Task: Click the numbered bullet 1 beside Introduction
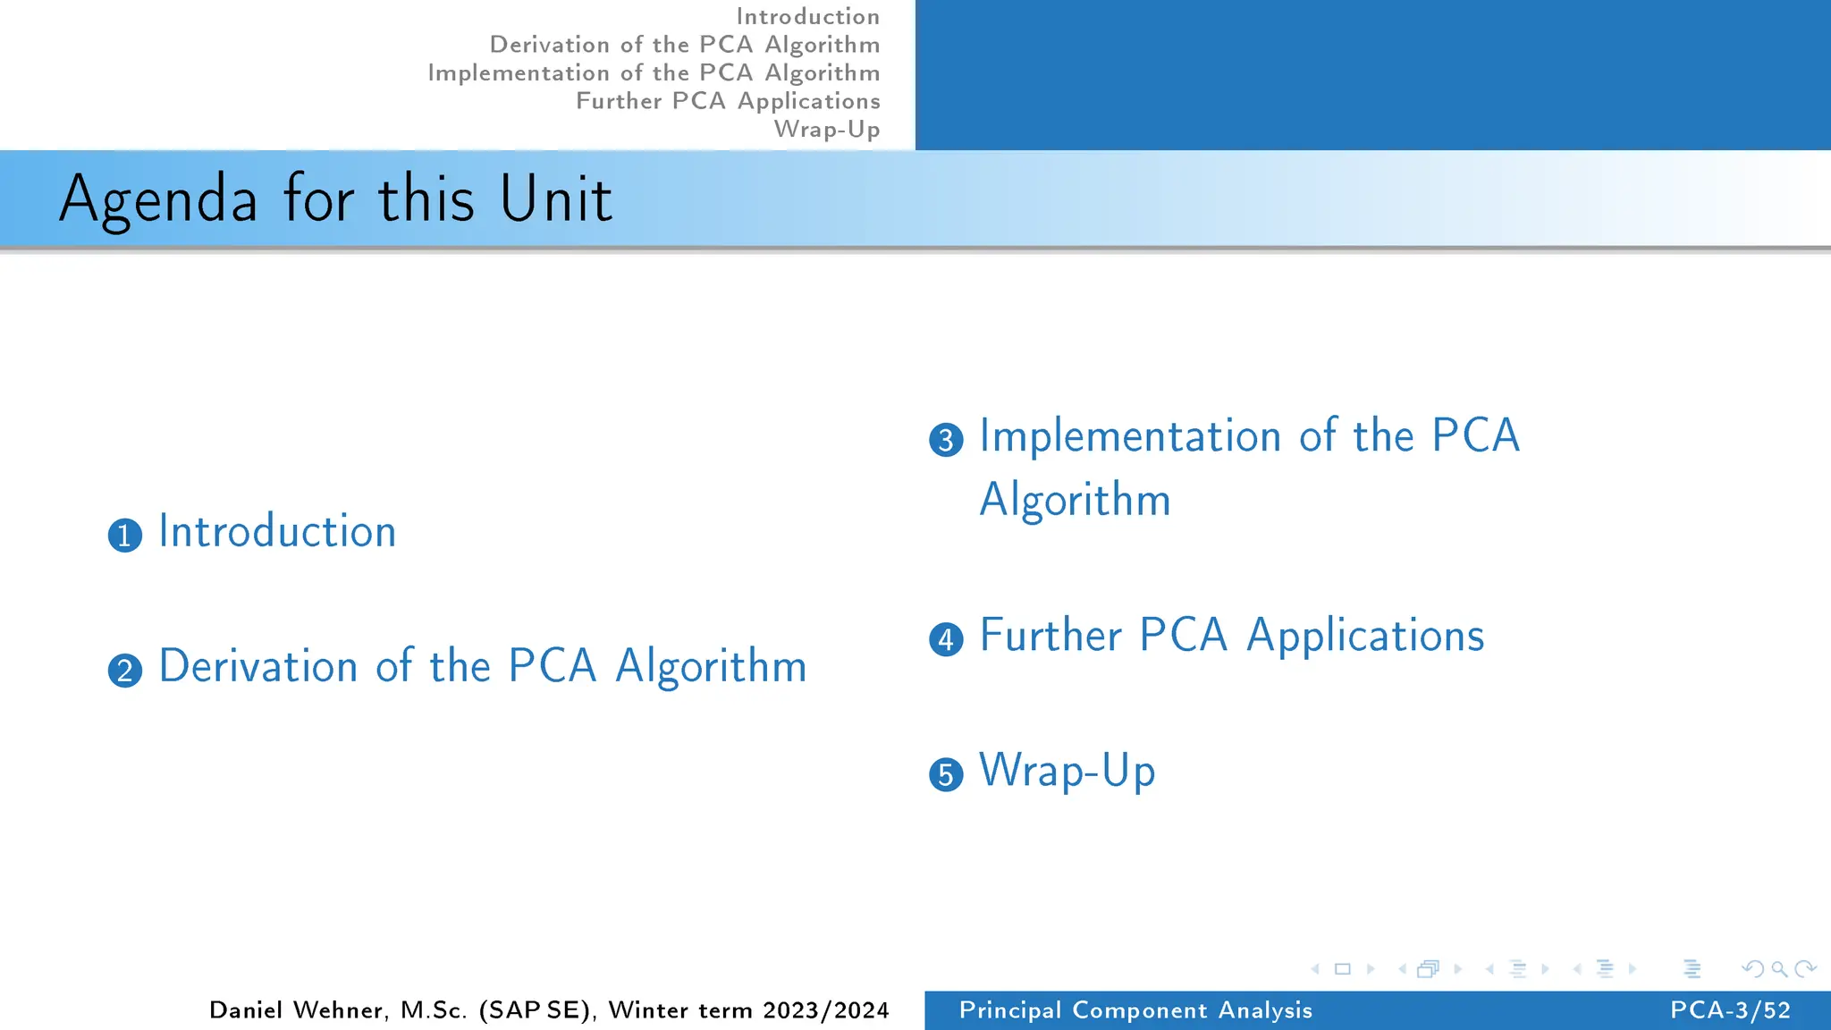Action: pyautogui.click(x=125, y=536)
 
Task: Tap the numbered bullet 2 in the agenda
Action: pyautogui.click(x=125, y=671)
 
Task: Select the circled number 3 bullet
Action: pyautogui.click(x=946, y=440)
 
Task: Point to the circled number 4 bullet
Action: pyautogui.click(x=946, y=639)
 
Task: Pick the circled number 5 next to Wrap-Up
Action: pyautogui.click(x=946, y=774)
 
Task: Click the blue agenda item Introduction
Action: pyautogui.click(x=277, y=531)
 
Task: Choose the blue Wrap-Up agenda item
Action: pyautogui.click(x=1067, y=771)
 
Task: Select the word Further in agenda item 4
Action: pyautogui.click(x=1051, y=636)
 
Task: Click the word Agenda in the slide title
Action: pyautogui.click(x=158, y=199)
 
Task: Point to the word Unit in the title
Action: pyautogui.click(x=555, y=198)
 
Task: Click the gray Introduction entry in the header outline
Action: pyautogui.click(x=807, y=16)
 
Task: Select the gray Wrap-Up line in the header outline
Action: pyautogui.click(x=827, y=129)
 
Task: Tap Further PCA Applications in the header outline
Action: pyautogui.click(x=728, y=101)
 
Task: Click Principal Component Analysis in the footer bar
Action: pyautogui.click(x=1135, y=1010)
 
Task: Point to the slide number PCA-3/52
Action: pyautogui.click(x=1730, y=1010)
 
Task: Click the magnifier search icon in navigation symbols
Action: pyautogui.click(x=1779, y=969)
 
